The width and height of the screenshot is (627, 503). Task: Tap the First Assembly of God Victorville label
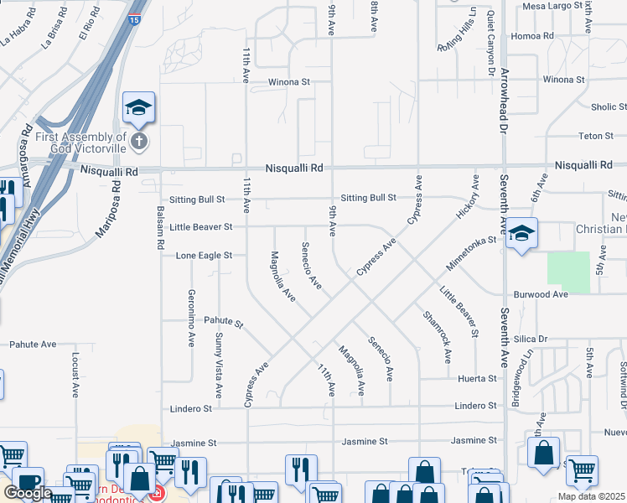74,142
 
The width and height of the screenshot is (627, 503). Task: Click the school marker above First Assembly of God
138,107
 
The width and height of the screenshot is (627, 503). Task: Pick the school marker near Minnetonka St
521,233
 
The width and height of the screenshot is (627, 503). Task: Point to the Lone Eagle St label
203,255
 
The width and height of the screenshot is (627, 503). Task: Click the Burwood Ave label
541,295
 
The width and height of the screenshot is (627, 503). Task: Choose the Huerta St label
478,379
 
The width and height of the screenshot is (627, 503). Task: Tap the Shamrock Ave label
438,337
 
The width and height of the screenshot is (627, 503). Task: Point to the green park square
568,272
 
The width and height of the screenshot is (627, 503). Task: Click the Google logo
27,493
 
